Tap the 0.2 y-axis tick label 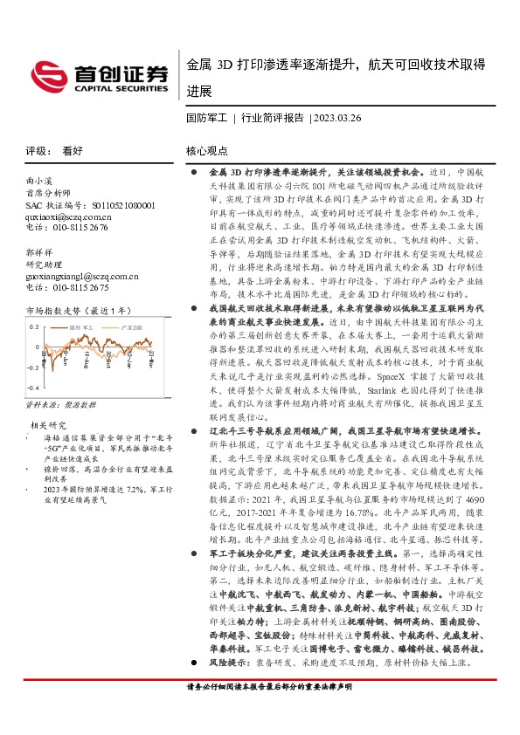[34, 326]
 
